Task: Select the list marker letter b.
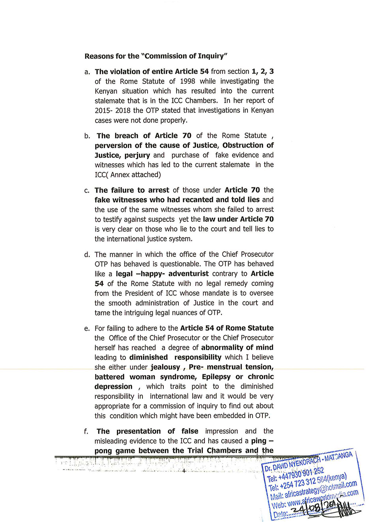[x=87, y=136]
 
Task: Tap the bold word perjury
[x=137, y=155]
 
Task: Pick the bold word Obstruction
[x=242, y=145]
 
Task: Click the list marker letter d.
[x=87, y=254]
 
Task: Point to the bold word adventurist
[x=189, y=273]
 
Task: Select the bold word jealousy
[x=165, y=367]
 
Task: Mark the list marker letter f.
[x=86, y=432]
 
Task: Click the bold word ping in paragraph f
[x=259, y=441]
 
